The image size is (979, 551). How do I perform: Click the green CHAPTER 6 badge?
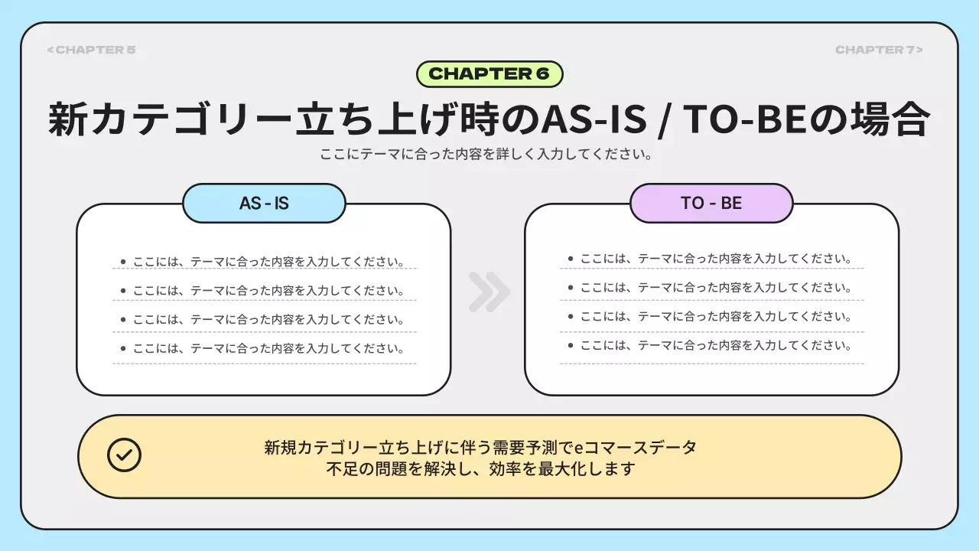point(489,74)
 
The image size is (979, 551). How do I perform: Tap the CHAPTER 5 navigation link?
point(91,50)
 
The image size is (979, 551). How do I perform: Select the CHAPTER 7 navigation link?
point(879,50)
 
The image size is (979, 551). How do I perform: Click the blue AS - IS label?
point(264,204)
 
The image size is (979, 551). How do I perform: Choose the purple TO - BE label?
point(711,204)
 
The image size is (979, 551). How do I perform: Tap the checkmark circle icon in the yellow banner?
point(124,455)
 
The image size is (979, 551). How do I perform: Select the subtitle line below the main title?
point(489,154)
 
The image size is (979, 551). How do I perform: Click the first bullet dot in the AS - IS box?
point(123,262)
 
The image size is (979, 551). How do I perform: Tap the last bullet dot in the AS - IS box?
point(123,348)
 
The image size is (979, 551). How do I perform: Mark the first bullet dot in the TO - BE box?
point(571,259)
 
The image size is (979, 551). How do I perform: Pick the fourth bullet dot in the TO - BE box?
point(571,345)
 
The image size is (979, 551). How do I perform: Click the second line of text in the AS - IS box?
point(268,291)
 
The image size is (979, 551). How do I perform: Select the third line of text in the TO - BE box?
point(716,316)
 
